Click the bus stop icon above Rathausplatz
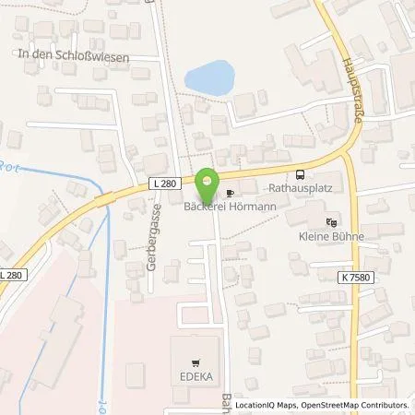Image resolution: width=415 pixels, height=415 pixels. [x=299, y=175]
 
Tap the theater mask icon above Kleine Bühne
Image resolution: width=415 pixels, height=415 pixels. [x=333, y=220]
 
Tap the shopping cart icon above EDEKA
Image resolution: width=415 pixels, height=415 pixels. [x=196, y=362]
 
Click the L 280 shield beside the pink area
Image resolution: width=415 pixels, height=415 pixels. [x=12, y=275]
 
